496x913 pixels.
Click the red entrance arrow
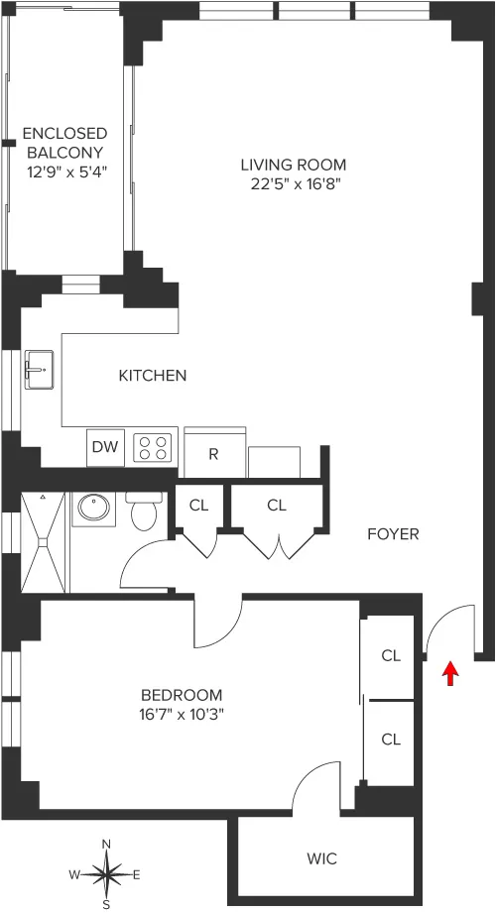[x=450, y=674]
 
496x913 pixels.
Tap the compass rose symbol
[x=107, y=874]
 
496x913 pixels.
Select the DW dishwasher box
[x=105, y=447]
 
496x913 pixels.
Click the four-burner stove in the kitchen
[x=154, y=447]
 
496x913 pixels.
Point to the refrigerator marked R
[x=213, y=454]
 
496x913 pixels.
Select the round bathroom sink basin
[x=92, y=508]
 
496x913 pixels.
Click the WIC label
[x=321, y=858]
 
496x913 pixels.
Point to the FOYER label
[x=393, y=534]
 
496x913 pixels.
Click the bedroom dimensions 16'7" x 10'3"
[x=182, y=714]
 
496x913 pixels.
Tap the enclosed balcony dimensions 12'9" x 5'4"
[x=64, y=171]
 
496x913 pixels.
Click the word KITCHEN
[x=153, y=376]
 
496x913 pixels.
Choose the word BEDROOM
[x=182, y=695]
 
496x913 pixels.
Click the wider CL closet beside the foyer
[x=277, y=505]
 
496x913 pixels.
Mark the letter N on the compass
[x=107, y=845]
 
